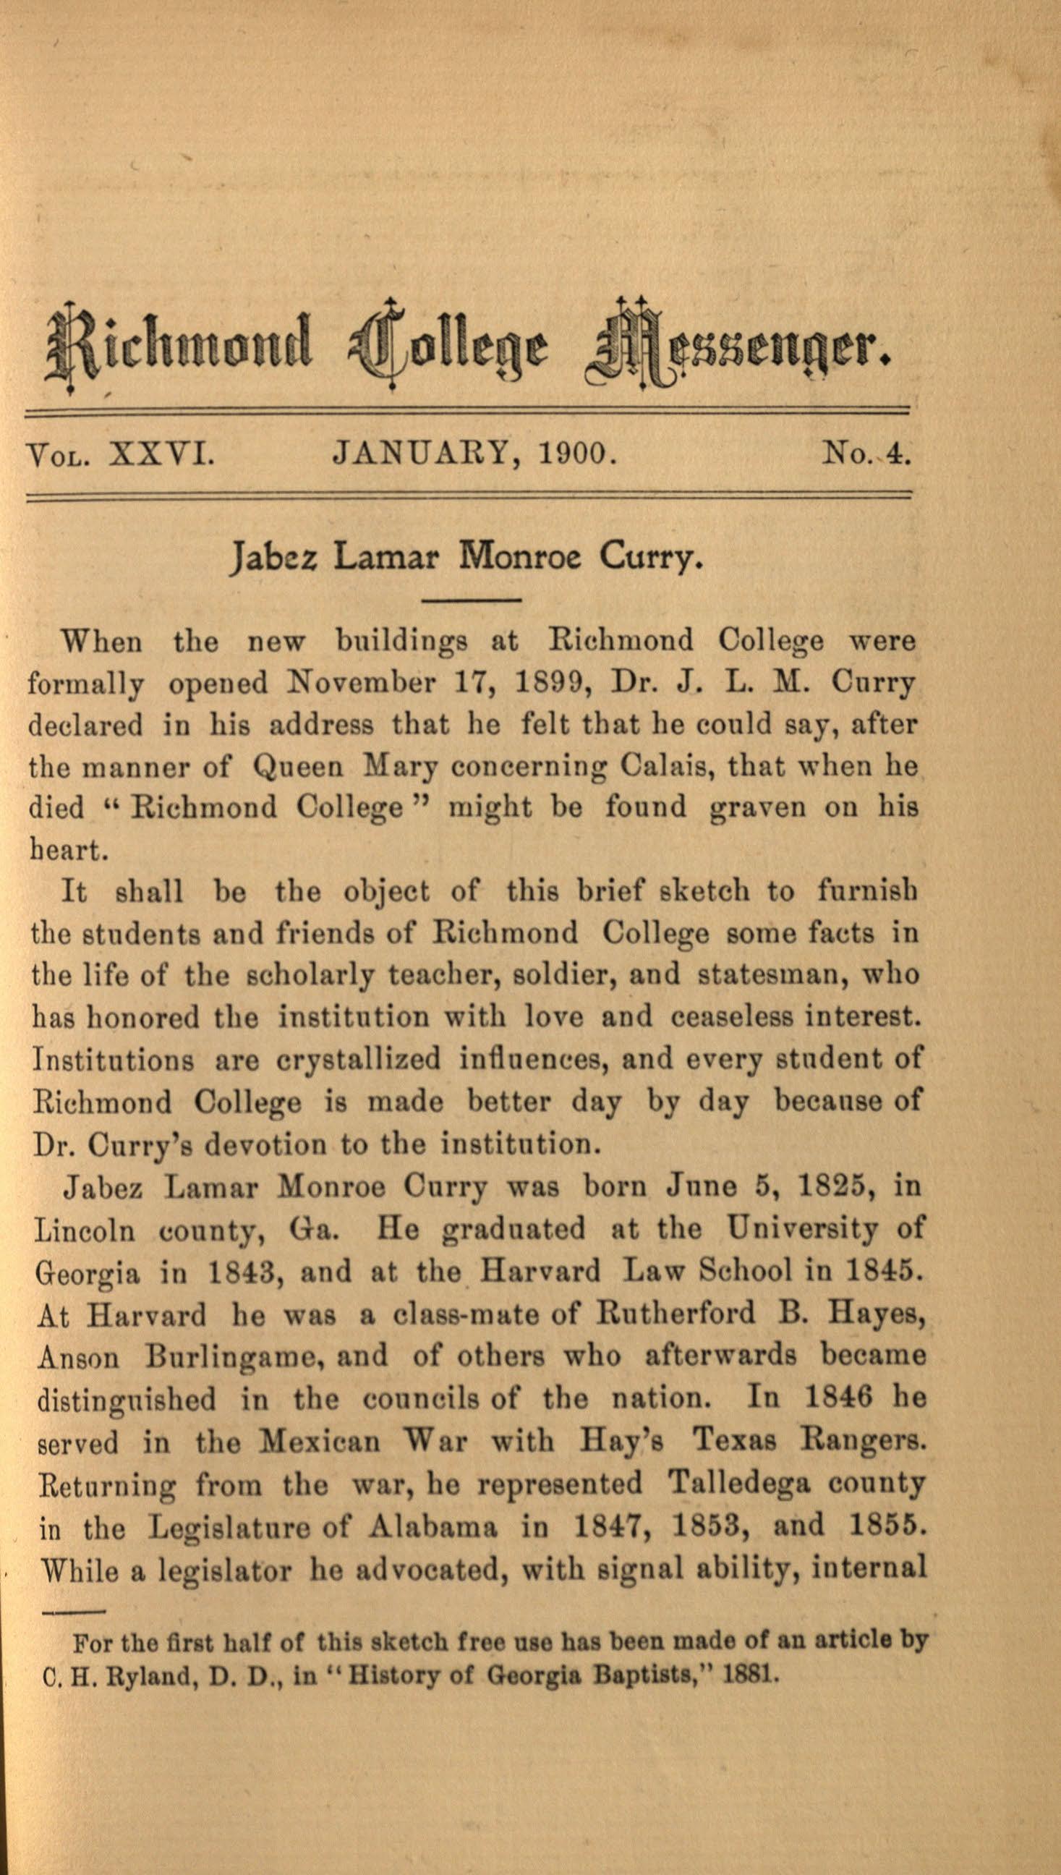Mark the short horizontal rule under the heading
pyautogui.click(x=472, y=600)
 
